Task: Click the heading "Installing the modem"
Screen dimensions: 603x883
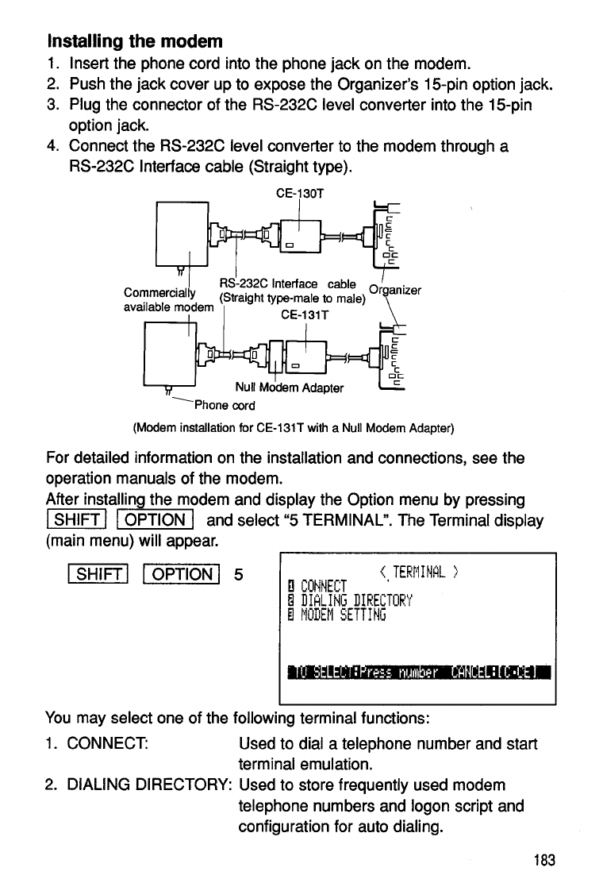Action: click(135, 40)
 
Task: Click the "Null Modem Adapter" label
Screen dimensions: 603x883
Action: click(290, 388)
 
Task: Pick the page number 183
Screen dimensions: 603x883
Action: click(545, 861)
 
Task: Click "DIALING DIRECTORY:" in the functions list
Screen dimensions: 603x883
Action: click(149, 785)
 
